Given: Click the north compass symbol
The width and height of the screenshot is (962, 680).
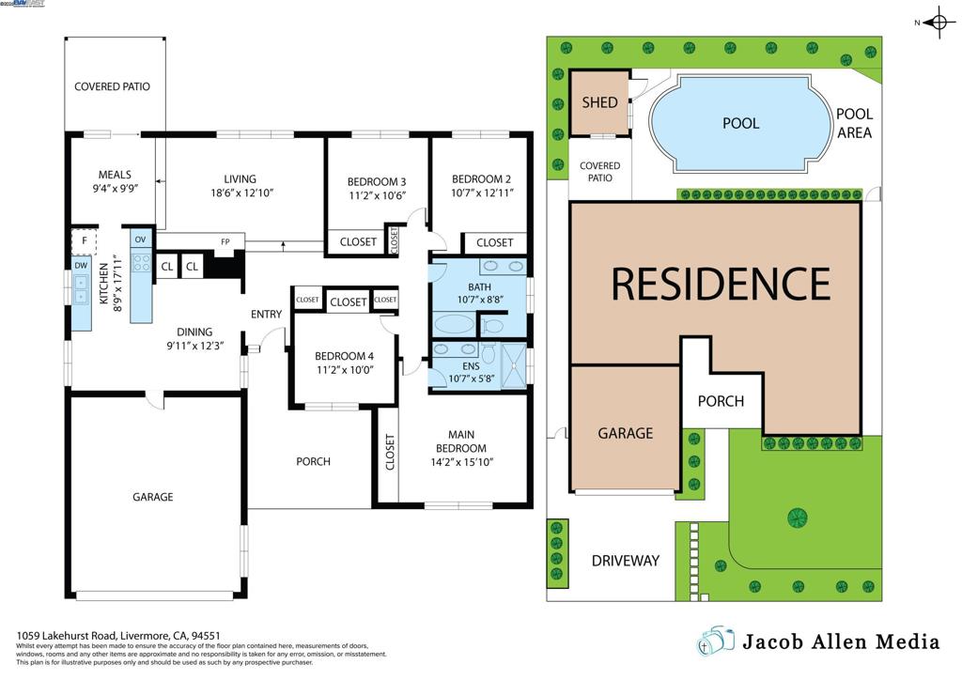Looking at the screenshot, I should click(x=938, y=23).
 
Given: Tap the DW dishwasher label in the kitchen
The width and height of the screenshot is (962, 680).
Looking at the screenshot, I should click(x=81, y=265).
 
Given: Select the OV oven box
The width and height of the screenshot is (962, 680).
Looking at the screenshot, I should click(x=141, y=240).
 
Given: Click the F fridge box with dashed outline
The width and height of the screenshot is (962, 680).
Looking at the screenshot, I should click(x=85, y=240).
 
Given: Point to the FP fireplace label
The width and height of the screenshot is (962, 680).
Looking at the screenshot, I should click(x=225, y=242).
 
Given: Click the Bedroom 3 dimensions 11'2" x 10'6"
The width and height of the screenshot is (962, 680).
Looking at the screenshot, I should click(x=377, y=196).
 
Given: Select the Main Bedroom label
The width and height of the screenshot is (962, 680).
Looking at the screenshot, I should click(x=460, y=440).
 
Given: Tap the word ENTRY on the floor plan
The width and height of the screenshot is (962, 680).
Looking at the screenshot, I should click(x=267, y=314).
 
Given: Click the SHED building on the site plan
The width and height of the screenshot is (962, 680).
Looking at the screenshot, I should click(x=599, y=102).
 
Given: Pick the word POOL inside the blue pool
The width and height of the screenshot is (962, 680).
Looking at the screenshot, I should click(x=740, y=123).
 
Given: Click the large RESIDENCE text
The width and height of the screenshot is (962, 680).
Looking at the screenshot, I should click(x=721, y=283).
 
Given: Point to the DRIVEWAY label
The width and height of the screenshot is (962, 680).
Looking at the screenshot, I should click(x=625, y=561).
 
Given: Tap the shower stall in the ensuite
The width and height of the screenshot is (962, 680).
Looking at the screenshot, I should click(x=514, y=365).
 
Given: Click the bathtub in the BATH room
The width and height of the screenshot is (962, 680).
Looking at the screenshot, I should click(x=455, y=325).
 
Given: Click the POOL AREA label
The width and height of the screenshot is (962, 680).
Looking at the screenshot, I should click(x=854, y=123).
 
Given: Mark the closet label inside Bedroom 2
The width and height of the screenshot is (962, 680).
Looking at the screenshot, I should click(x=494, y=242).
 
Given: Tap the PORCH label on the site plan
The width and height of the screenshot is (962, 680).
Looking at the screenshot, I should click(x=721, y=401).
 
